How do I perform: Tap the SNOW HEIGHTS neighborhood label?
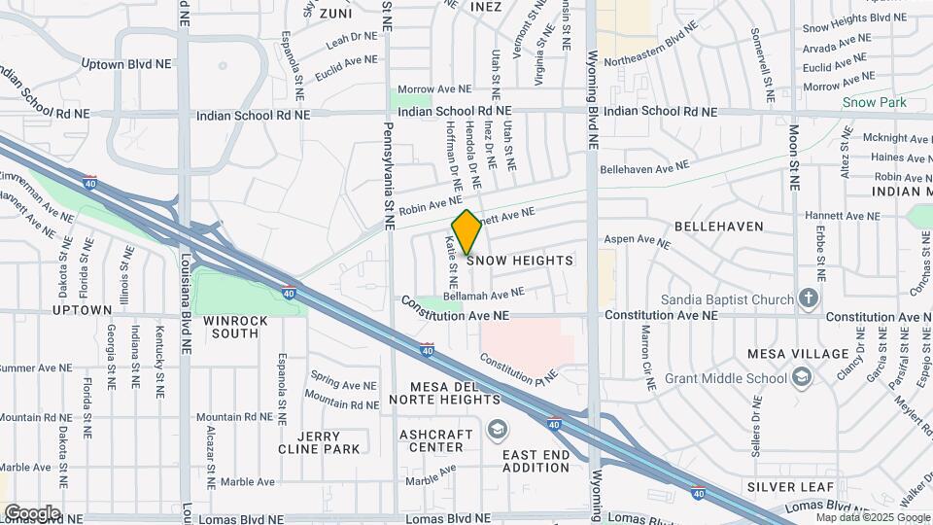pos(520,261)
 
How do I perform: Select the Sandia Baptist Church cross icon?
pos(809,298)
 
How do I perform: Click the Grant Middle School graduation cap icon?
pos(802,377)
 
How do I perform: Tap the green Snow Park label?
pos(874,102)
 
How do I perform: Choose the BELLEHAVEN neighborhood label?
pos(723,226)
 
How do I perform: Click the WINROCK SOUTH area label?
pos(230,327)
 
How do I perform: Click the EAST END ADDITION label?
pos(536,461)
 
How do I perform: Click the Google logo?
pos(32,512)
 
